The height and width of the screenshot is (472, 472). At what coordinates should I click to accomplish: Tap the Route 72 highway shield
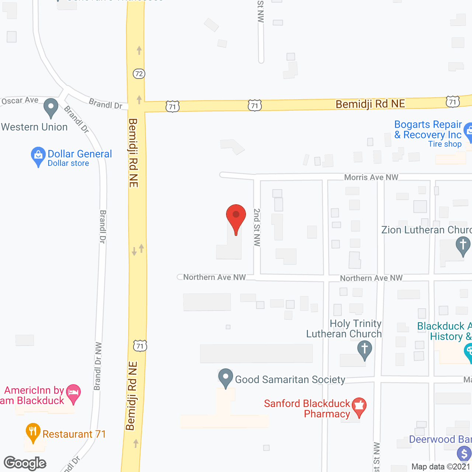[139, 74]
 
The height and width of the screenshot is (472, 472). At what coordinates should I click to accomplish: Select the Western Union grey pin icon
[51, 107]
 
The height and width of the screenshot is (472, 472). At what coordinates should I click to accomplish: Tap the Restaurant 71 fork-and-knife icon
[33, 432]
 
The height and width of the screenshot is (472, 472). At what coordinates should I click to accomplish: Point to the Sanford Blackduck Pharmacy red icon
[359, 406]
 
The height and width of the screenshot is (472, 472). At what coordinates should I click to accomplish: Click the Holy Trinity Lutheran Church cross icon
[364, 349]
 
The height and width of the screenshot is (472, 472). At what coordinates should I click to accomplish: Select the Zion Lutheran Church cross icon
[463, 245]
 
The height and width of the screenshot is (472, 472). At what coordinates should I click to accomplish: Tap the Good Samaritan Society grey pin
[225, 378]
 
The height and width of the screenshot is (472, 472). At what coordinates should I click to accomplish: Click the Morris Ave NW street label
[371, 177]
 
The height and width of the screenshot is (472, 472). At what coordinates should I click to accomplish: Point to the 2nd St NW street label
[257, 227]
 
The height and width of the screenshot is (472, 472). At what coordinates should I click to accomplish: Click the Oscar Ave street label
[20, 101]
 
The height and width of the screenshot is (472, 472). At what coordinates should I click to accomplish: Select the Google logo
[25, 463]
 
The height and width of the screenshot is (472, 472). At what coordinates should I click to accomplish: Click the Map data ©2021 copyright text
[441, 467]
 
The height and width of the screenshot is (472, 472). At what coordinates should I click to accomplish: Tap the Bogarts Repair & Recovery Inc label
[428, 129]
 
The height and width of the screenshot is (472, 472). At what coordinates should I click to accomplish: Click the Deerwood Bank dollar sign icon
[464, 454]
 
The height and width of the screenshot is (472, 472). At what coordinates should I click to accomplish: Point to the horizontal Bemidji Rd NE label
[370, 104]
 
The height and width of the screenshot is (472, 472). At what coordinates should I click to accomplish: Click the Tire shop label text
[445, 144]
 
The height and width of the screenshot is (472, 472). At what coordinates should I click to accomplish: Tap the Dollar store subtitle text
[68, 163]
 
